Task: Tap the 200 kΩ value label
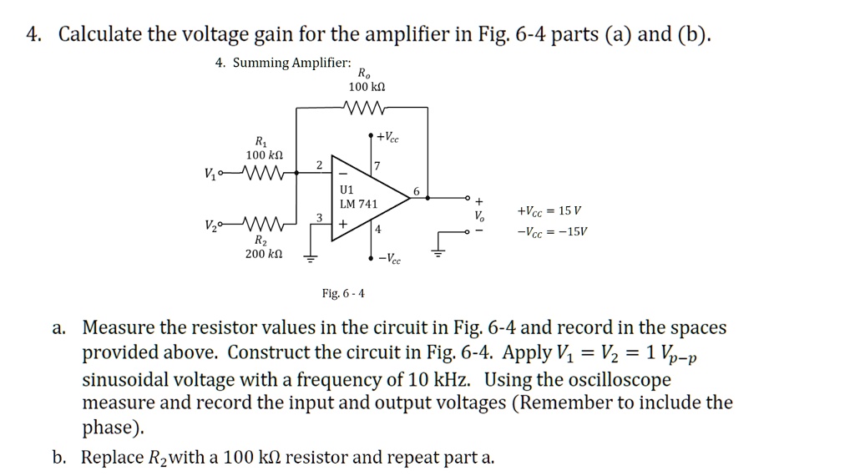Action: click(266, 253)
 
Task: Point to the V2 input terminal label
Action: click(209, 226)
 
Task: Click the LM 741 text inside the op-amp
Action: click(360, 204)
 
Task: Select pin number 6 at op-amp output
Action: click(416, 190)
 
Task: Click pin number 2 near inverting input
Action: click(319, 165)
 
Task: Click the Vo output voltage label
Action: click(478, 215)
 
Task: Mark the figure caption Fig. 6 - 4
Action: click(343, 293)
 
